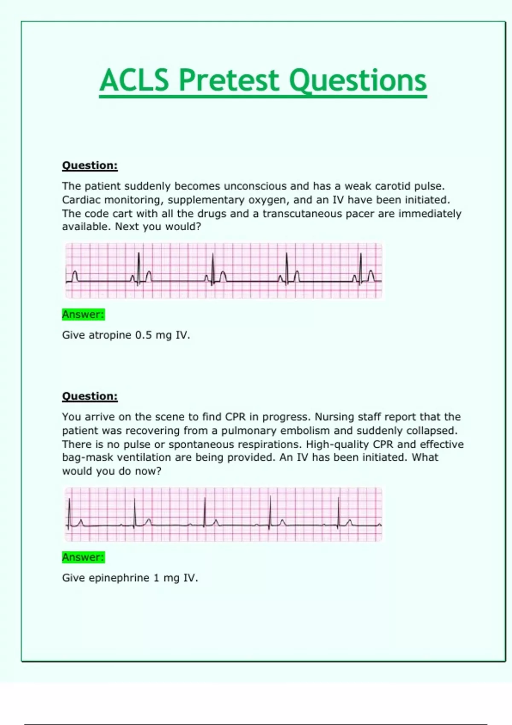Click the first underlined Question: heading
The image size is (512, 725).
tap(90, 165)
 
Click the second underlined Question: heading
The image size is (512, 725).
tap(90, 396)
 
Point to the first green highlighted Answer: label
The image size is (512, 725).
tap(83, 315)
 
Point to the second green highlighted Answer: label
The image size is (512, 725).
tap(83, 557)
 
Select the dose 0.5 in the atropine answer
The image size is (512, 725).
tap(143, 335)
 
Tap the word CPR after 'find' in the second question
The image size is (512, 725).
tap(236, 417)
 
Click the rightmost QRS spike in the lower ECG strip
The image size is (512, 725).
tap(338, 512)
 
